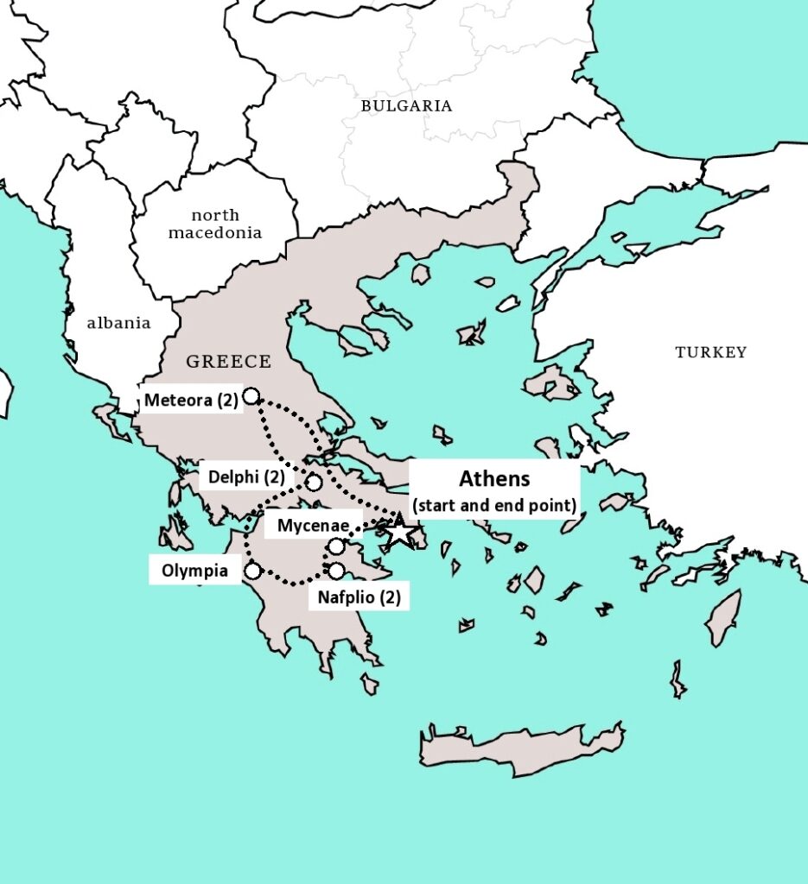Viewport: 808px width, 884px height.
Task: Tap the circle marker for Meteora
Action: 251,396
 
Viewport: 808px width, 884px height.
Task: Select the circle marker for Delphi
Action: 314,483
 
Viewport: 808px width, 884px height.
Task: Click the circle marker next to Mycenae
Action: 336,546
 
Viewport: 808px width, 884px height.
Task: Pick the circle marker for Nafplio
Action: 336,571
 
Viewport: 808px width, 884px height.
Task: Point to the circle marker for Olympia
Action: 252,571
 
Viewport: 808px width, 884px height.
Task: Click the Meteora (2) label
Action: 191,400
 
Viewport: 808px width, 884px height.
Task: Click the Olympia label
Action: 194,571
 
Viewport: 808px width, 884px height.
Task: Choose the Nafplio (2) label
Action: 359,597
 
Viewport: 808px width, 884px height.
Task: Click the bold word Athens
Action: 493,479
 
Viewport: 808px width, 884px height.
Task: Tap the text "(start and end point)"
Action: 493,505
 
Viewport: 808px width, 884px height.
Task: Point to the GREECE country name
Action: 228,362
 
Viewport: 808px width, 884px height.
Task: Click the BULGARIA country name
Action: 406,105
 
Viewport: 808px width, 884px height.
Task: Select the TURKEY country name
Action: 710,352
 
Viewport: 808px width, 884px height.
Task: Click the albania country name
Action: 118,323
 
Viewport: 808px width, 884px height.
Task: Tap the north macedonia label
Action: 215,224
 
